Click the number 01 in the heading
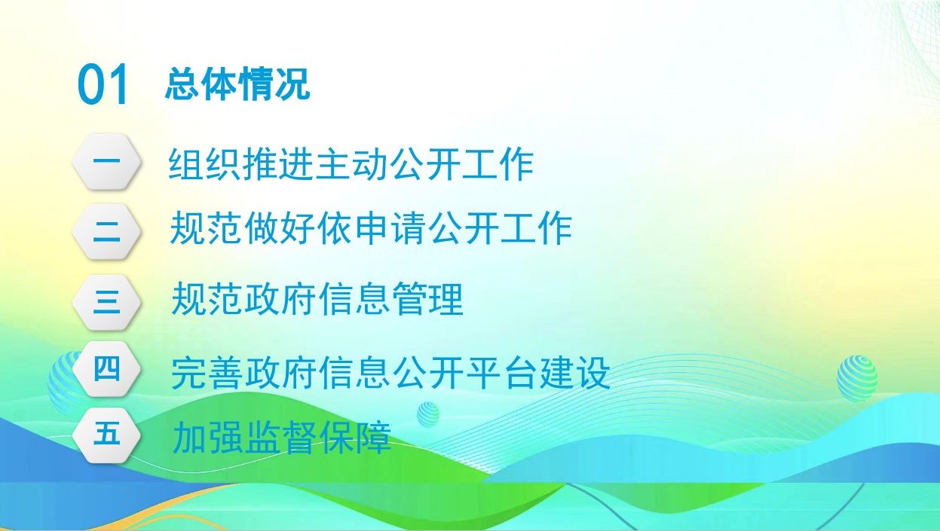click(x=103, y=84)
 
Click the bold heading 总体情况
click(x=237, y=84)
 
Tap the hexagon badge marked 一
click(x=106, y=161)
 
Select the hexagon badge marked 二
click(x=106, y=231)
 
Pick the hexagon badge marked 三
click(x=106, y=302)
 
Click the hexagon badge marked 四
click(x=106, y=369)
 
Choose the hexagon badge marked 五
click(x=106, y=435)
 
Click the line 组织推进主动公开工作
click(x=351, y=164)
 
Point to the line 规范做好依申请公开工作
click(x=371, y=227)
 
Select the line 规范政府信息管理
click(x=317, y=298)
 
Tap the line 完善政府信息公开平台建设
click(x=390, y=373)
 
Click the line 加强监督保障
click(x=282, y=438)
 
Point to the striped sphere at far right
click(x=857, y=378)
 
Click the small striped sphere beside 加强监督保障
click(x=428, y=414)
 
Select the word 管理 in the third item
click(x=427, y=298)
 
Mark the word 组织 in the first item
click(x=204, y=164)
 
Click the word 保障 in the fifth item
click(x=355, y=438)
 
